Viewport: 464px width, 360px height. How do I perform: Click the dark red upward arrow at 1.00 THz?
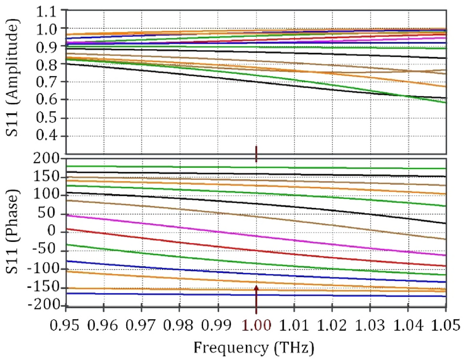[x=256, y=298]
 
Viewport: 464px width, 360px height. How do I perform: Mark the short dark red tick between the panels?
[x=256, y=153]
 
